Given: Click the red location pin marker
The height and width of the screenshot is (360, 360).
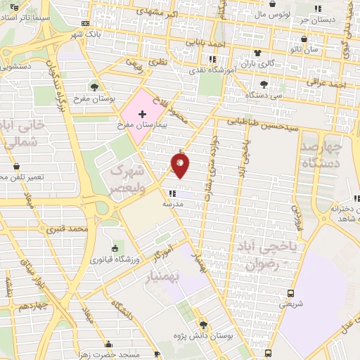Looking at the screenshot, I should [x=180, y=165].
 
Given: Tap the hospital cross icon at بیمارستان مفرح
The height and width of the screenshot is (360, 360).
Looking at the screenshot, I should [x=142, y=113].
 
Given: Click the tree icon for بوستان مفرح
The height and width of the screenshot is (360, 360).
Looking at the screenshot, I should [x=94, y=86].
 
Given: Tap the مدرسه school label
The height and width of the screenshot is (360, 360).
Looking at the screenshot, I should [x=172, y=203].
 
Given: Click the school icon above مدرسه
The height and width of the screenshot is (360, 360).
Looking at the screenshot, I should [x=173, y=193].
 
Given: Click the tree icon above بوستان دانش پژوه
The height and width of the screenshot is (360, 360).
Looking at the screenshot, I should [x=203, y=325].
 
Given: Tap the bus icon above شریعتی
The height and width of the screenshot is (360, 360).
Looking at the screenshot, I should [x=291, y=293].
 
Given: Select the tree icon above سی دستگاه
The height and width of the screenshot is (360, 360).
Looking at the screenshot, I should [x=264, y=84].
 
